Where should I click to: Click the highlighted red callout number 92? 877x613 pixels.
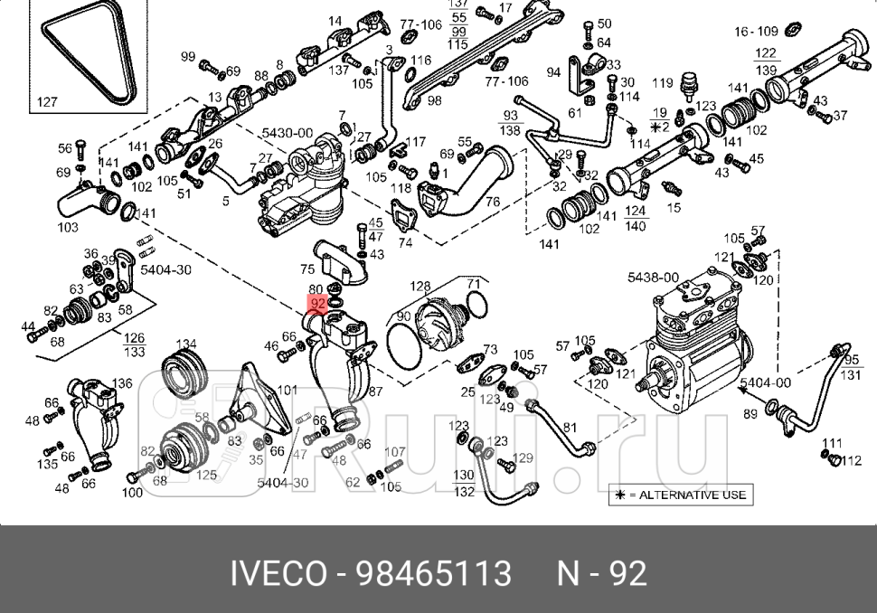pyautogui.click(x=317, y=304)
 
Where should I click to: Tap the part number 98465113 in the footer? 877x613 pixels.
pyautogui.click(x=434, y=573)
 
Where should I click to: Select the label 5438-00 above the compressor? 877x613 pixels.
pyautogui.click(x=653, y=278)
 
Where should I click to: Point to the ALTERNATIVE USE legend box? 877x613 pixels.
pyautogui.click(x=681, y=495)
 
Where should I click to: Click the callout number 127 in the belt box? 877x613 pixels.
pyautogui.click(x=47, y=102)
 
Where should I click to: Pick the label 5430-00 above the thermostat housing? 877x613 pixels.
pyautogui.click(x=288, y=133)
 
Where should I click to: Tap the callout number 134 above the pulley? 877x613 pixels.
pyautogui.click(x=185, y=344)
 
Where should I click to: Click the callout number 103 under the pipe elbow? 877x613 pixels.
pyautogui.click(x=68, y=227)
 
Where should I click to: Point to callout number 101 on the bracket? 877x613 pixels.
pyautogui.click(x=287, y=391)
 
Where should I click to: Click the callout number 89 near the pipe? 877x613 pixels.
pyautogui.click(x=750, y=413)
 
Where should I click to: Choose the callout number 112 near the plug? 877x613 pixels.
pyautogui.click(x=851, y=461)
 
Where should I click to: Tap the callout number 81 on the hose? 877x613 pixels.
pyautogui.click(x=570, y=427)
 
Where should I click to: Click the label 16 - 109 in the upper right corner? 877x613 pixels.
pyautogui.click(x=756, y=32)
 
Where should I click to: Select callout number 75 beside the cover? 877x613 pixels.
pyautogui.click(x=307, y=269)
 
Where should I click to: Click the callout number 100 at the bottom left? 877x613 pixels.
pyautogui.click(x=132, y=493)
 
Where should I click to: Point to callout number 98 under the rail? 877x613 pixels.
pyautogui.click(x=434, y=100)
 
